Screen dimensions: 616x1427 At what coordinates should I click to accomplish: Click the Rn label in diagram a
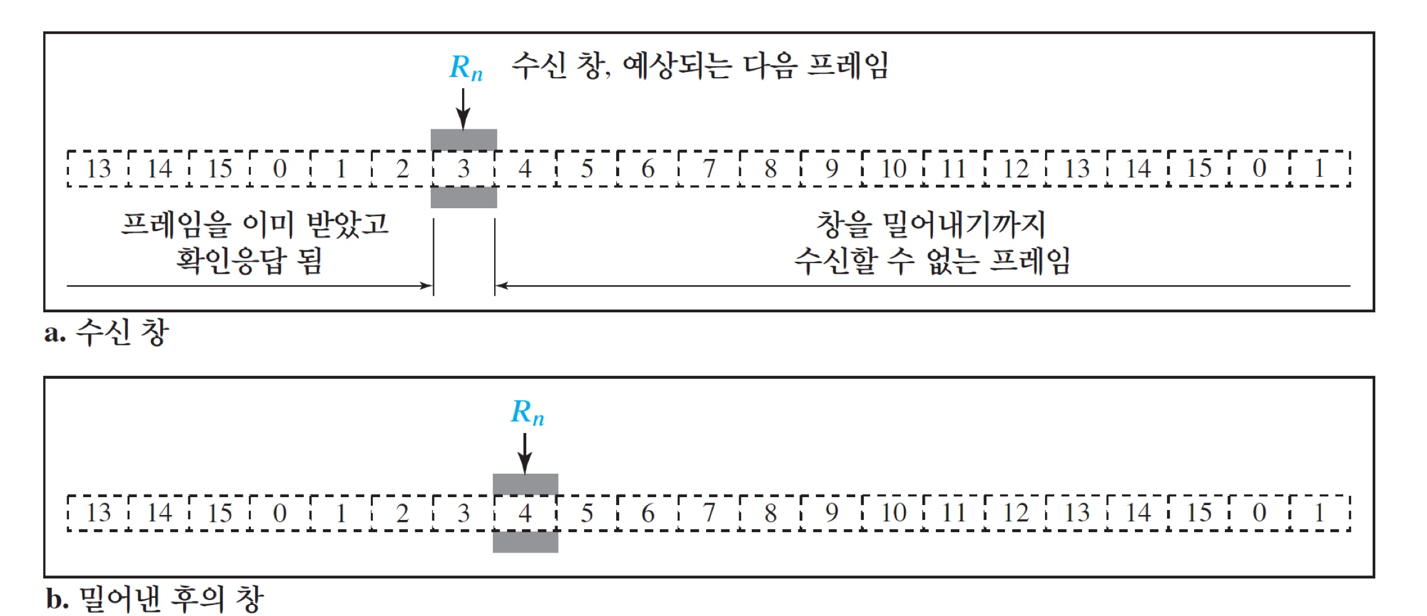click(465, 68)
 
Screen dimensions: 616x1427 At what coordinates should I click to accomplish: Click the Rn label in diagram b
click(527, 412)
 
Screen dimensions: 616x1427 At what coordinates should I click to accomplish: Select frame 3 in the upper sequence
click(464, 168)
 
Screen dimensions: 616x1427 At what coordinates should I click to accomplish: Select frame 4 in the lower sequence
click(525, 513)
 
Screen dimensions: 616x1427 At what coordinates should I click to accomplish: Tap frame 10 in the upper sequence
click(893, 168)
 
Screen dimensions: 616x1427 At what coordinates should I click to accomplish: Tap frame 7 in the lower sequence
click(709, 513)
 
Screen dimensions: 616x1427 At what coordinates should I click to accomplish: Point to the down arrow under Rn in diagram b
click(525, 453)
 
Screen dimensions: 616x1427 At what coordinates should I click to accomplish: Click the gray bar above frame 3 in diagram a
click(463, 139)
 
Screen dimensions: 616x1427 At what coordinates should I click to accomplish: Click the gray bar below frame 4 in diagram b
click(525, 542)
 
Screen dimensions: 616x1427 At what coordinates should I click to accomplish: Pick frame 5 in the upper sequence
click(587, 168)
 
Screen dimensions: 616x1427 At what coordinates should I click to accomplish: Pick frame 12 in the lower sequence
click(1015, 513)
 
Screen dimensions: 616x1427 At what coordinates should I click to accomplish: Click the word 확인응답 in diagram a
click(231, 261)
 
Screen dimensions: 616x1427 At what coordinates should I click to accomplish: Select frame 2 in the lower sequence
click(402, 513)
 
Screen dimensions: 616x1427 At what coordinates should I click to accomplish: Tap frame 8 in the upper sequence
click(770, 168)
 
